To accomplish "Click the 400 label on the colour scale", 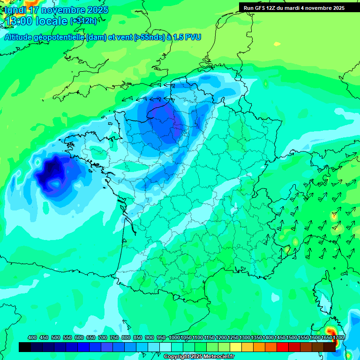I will click(x=32, y=337).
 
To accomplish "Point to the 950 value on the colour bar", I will click(x=162, y=337).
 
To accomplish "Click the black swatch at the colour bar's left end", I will click(x=25, y=347).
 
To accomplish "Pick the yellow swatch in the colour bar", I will click(x=236, y=347).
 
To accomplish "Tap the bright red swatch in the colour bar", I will click(x=283, y=347).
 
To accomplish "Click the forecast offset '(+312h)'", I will click(x=84, y=21).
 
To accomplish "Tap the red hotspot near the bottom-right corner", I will click(x=329, y=322).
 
